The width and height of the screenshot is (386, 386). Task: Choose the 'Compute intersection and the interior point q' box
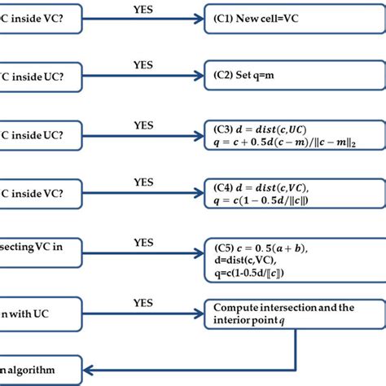(x=293, y=314)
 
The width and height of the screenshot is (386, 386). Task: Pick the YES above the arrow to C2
(x=143, y=64)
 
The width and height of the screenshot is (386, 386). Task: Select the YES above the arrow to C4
(x=143, y=182)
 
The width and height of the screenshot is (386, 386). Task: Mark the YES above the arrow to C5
(x=143, y=242)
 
